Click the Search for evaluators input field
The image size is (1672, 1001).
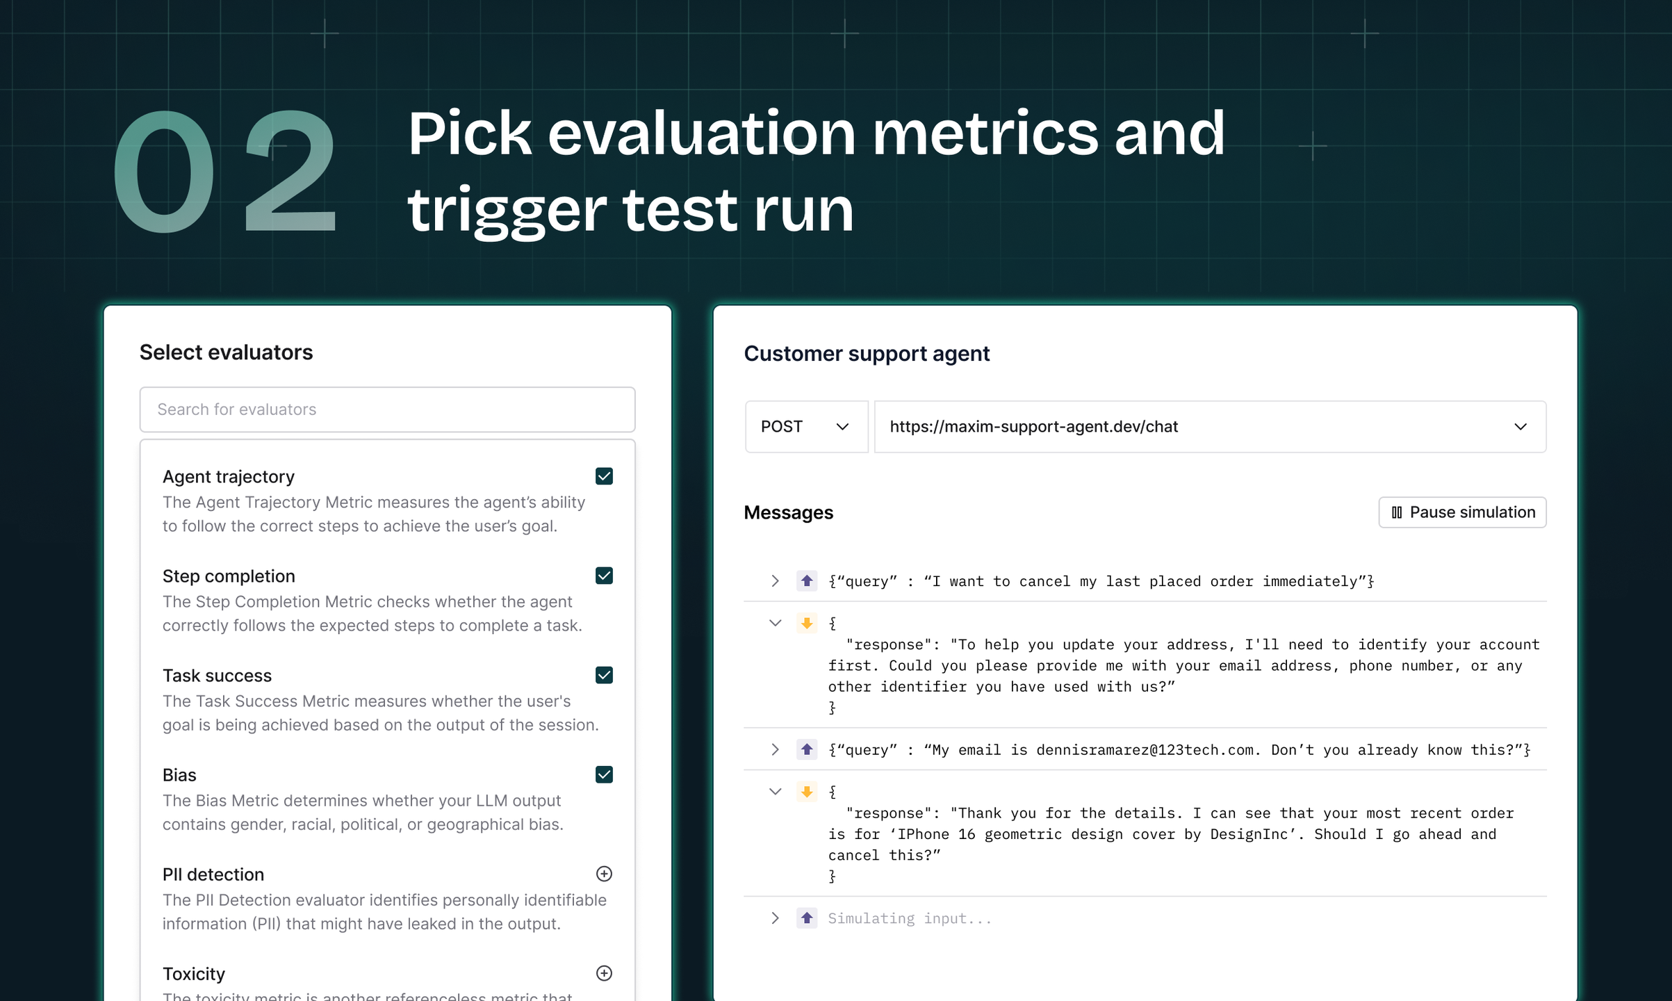coord(387,409)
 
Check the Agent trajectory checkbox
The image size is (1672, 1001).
coord(604,476)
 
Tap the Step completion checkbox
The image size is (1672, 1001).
coord(604,576)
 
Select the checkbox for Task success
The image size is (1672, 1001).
coord(604,675)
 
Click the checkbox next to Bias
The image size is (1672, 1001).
coord(604,774)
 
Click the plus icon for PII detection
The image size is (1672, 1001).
coord(604,874)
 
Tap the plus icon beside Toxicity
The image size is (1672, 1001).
coord(604,973)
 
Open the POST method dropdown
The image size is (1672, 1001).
coord(806,427)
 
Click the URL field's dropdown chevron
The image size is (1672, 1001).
coord(1521,427)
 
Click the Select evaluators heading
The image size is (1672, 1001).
coord(226,352)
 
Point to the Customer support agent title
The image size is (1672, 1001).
coord(867,354)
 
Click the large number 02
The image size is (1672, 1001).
coord(224,171)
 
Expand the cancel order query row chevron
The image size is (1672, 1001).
coord(775,581)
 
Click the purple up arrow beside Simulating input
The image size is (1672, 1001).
coord(807,918)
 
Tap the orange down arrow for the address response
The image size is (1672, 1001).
coord(807,623)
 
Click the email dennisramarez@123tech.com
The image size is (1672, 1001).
coord(1145,750)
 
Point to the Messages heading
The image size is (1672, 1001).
coord(788,513)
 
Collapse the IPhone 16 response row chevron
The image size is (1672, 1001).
coord(775,792)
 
